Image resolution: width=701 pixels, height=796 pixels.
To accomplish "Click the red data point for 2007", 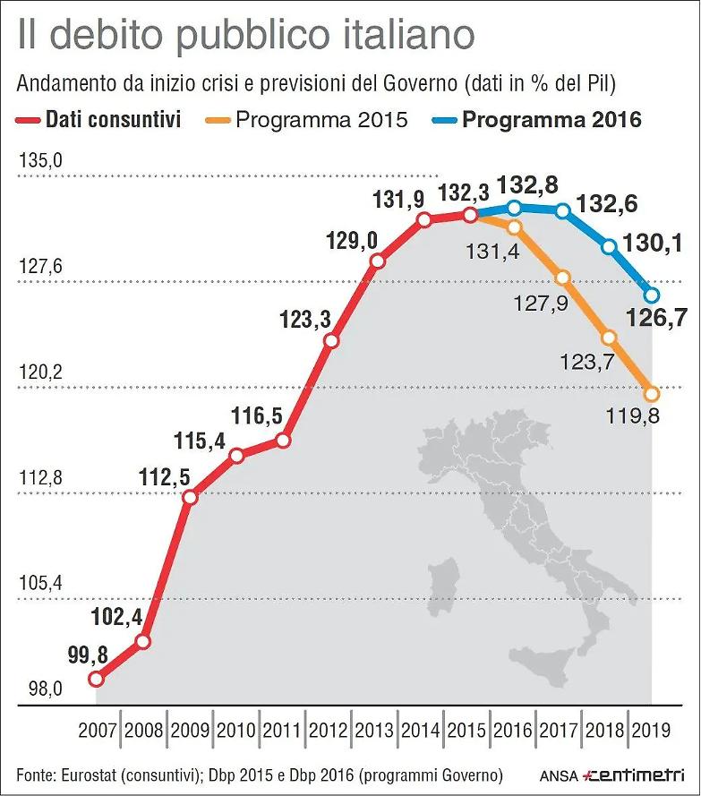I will [97, 679].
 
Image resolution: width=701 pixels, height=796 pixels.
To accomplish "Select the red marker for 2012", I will [330, 341].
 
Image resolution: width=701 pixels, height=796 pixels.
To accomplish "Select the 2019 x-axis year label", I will [652, 729].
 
